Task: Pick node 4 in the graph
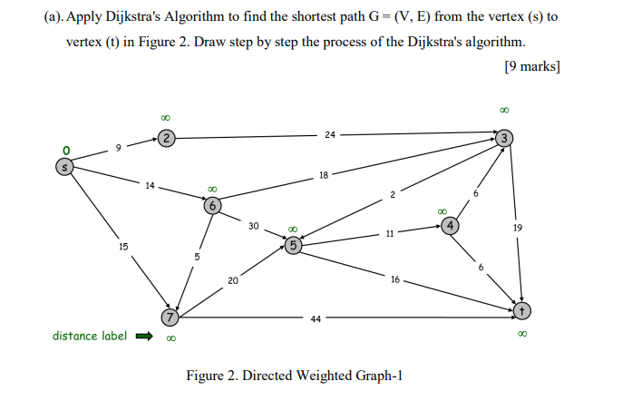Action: pos(451,225)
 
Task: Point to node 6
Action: pos(212,205)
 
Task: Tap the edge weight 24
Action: pos(328,135)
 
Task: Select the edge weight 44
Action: pos(315,318)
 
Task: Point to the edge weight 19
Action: pos(517,230)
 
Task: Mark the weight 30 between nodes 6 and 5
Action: pos(255,226)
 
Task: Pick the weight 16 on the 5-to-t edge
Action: pos(395,280)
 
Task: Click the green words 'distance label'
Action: pos(87,336)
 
